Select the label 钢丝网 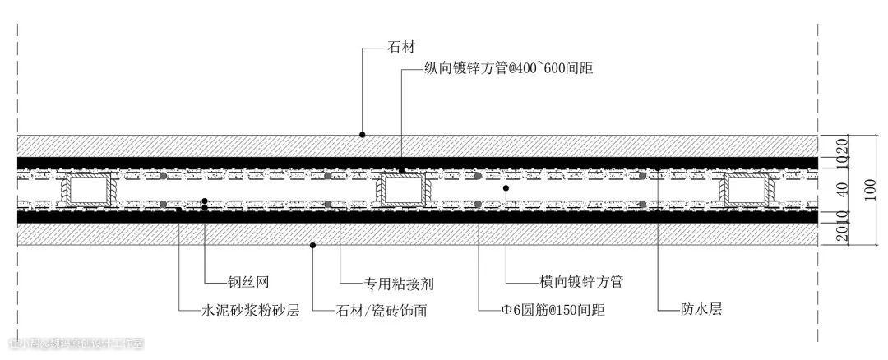point(246,279)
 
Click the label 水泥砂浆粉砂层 point(250,311)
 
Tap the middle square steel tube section point(401,190)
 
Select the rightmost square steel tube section point(748,190)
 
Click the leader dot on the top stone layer point(362,134)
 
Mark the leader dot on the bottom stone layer point(312,244)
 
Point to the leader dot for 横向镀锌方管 point(506,188)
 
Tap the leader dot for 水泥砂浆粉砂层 point(178,210)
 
